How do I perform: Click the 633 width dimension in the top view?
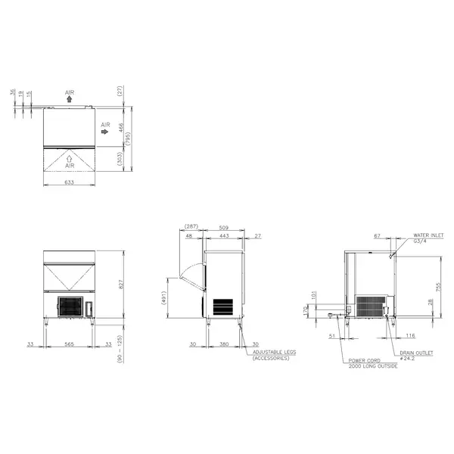click(x=69, y=182)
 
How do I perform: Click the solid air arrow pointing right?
click(x=104, y=131)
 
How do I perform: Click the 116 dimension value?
click(x=409, y=334)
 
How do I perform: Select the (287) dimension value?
click(x=191, y=226)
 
